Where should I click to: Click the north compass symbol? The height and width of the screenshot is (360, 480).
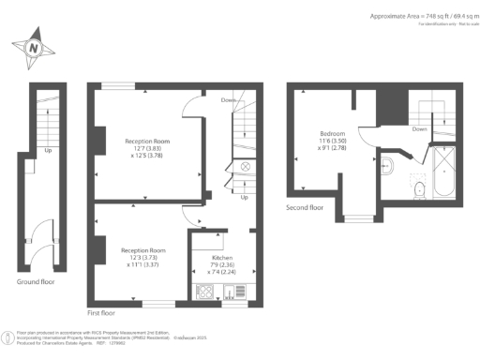34,46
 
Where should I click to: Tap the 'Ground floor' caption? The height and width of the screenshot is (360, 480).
37,281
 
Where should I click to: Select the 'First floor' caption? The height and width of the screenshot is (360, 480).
106,312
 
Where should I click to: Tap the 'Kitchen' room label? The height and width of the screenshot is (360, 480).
222,256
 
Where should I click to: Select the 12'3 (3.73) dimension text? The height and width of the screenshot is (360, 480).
144,258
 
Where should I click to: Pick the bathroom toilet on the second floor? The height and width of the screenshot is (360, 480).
420,190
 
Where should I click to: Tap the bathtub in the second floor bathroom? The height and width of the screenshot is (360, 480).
442,173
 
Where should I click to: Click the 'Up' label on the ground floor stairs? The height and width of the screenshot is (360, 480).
47,149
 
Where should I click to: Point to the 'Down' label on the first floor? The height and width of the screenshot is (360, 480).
228,99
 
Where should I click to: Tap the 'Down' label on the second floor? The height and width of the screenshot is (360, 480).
420,128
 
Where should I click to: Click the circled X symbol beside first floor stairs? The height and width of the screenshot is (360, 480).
245,166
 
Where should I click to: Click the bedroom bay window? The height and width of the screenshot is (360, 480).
356,218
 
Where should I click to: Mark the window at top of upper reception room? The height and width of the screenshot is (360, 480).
117,86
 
